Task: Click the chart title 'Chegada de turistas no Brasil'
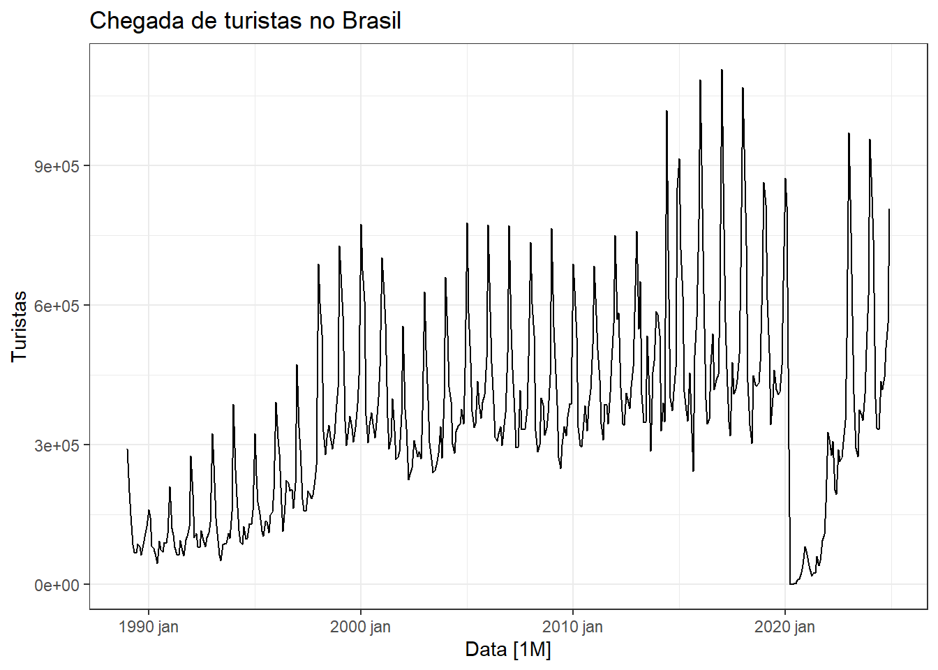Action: tap(245, 21)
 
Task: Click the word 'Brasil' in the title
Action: tap(371, 21)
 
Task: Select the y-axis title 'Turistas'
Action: tap(19, 326)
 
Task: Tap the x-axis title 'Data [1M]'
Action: tap(508, 650)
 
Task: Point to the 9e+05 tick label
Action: tap(57, 166)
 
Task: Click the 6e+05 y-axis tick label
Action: tap(57, 306)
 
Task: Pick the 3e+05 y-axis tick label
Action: tap(57, 445)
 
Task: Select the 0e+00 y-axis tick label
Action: tap(57, 585)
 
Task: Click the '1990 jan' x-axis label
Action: tap(149, 627)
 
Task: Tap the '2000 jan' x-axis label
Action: tap(360, 627)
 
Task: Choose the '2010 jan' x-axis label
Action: tap(572, 627)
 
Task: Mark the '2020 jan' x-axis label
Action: tap(784, 627)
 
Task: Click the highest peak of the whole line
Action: tap(722, 70)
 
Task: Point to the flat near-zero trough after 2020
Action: tap(792, 583)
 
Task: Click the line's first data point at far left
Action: tap(127, 449)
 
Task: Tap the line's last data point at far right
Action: tap(889, 209)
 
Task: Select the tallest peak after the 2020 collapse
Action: tap(849, 133)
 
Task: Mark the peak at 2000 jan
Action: tap(361, 225)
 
